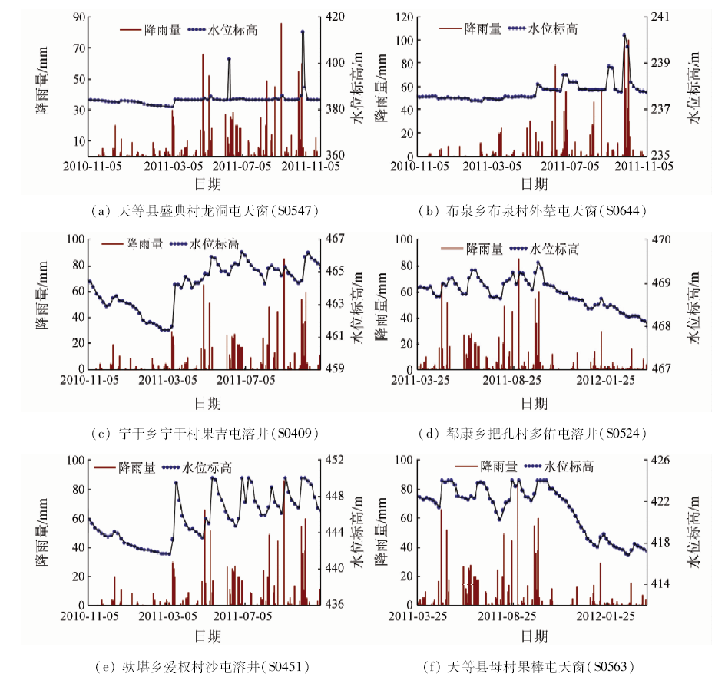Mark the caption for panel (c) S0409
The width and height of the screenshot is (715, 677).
207,433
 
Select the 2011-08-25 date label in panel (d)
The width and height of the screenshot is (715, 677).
512,379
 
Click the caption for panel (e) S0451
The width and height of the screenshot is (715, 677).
207,666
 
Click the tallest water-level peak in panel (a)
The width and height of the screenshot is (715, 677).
303,32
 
